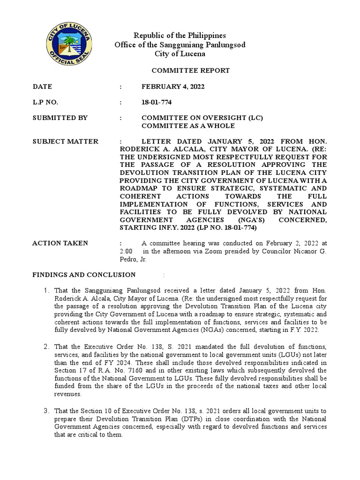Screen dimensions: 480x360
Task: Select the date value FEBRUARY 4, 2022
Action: [x=173, y=87]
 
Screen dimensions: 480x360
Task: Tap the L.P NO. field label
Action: [x=45, y=102]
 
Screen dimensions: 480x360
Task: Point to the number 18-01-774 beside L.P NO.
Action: [x=157, y=102]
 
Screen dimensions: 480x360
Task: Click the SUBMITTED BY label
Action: [x=60, y=118]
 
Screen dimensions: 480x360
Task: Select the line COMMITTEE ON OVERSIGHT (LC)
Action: [x=202, y=118]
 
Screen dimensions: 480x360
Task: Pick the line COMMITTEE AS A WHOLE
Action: [x=188, y=126]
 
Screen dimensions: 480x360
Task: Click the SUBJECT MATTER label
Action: [x=65, y=141]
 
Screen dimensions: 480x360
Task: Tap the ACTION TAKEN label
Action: [x=60, y=243]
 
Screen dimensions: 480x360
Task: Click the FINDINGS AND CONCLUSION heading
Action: [x=84, y=275]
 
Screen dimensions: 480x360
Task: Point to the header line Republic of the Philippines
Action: [x=180, y=36]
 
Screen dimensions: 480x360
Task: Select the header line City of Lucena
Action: [x=180, y=54]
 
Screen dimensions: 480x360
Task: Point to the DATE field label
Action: [x=42, y=87]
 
